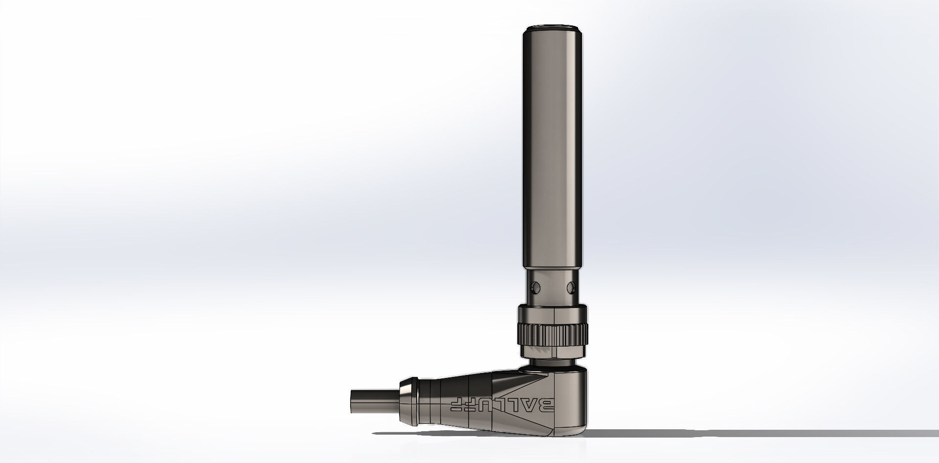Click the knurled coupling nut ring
[554, 333]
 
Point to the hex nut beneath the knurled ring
[554, 353]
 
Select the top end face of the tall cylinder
[554, 28]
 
